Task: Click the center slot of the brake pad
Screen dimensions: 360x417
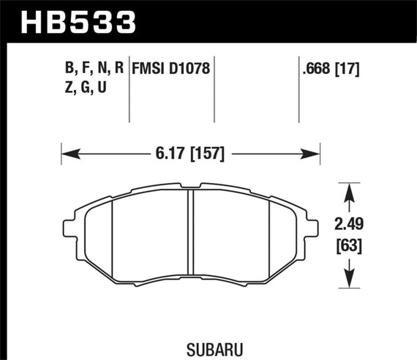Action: click(x=190, y=238)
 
